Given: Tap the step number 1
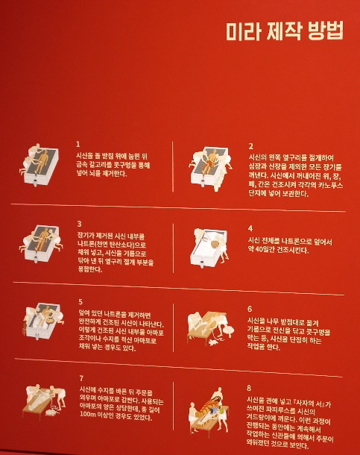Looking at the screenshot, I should pos(78,143).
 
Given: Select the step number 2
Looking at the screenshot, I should pos(251,145).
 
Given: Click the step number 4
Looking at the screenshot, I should pos(250,228).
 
